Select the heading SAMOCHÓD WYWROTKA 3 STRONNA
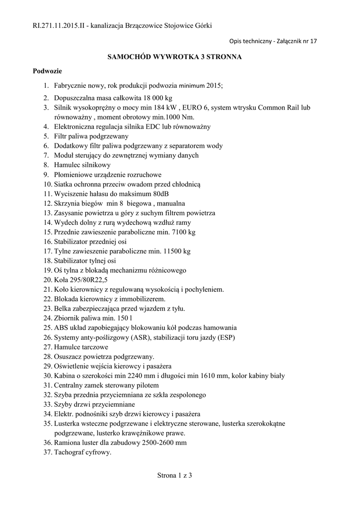click(x=175, y=57)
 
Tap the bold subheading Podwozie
click(x=47, y=71)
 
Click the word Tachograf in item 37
click(x=71, y=452)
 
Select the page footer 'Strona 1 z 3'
click(x=174, y=476)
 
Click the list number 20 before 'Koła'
click(x=49, y=280)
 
